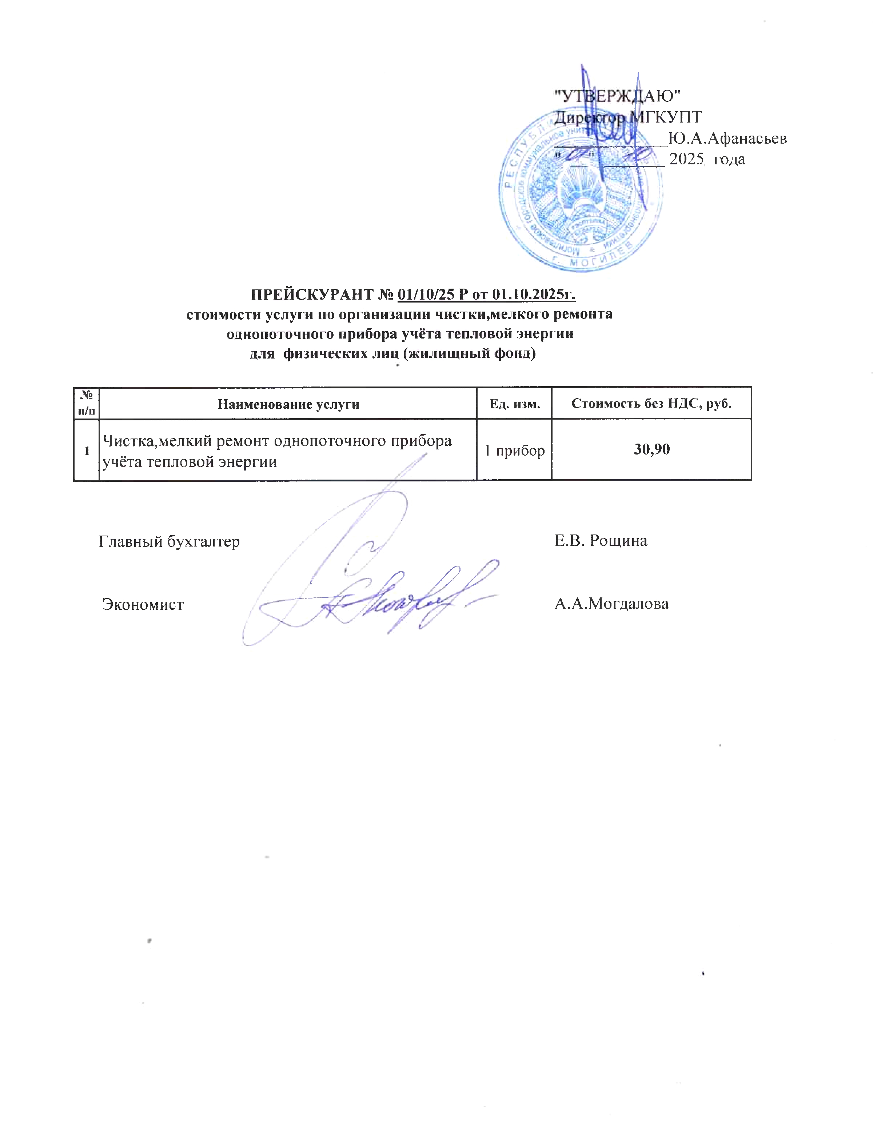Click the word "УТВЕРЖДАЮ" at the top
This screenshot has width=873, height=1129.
617,96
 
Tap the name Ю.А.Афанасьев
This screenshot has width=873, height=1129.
727,138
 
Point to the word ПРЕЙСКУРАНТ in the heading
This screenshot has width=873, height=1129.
312,295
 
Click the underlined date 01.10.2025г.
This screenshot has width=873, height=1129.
534,295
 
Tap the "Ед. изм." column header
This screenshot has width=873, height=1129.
515,404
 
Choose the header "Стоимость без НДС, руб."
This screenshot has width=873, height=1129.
651,403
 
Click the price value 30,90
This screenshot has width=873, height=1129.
651,449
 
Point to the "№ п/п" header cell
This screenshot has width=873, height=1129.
86,403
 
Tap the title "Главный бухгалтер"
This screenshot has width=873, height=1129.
169,541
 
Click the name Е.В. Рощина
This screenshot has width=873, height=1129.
601,541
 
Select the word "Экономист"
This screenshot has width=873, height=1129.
143,604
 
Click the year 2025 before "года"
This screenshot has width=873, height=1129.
687,159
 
